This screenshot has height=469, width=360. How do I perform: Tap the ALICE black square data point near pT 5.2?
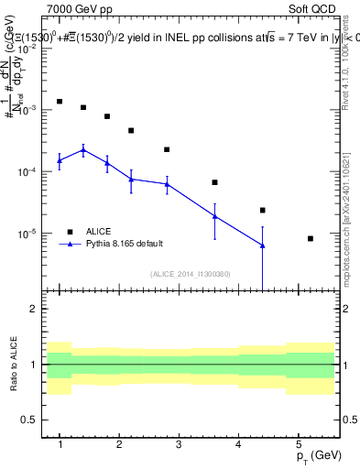pyautogui.click(x=311, y=238)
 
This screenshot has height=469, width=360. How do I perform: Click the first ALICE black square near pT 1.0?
pyautogui.click(x=60, y=102)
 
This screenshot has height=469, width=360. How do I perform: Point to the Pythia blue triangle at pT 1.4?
pyautogui.click(x=83, y=149)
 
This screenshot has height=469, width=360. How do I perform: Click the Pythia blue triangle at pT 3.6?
pyautogui.click(x=214, y=216)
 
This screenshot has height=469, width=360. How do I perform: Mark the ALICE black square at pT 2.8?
pyautogui.click(x=167, y=149)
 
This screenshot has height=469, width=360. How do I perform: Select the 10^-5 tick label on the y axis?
pyautogui.click(x=30, y=234)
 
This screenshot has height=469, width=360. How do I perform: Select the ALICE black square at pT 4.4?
pyautogui.click(x=262, y=210)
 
